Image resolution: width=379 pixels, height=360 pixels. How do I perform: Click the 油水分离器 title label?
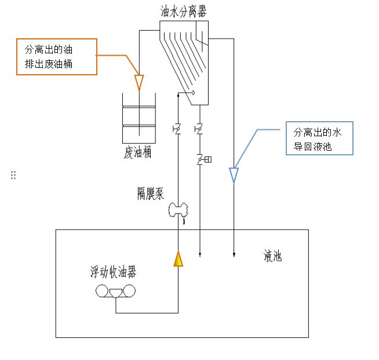point(184,12)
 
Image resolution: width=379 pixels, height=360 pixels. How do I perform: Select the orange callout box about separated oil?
point(57,57)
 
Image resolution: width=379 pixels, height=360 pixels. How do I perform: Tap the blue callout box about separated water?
point(319,138)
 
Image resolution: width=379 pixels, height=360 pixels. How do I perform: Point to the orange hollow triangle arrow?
point(139,82)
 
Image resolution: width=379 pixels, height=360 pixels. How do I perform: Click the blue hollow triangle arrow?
point(234,175)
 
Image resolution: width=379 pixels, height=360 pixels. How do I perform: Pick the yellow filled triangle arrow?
point(178,259)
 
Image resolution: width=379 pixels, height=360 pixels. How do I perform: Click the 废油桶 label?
point(137,152)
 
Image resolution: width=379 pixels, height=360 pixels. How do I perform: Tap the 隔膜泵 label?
point(151,194)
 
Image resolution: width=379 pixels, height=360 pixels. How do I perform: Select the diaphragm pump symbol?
point(178,210)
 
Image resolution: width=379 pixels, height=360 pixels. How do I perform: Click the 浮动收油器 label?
point(113,272)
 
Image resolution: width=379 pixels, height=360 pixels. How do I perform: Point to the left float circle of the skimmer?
point(102,290)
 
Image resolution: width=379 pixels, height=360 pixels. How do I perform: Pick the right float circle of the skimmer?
point(129,290)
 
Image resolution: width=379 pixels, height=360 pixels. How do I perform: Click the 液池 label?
point(272,256)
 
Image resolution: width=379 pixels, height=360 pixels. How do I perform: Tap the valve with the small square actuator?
point(204,159)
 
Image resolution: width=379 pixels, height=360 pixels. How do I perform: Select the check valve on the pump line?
point(177,129)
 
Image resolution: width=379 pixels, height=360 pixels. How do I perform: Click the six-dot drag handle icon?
point(13,175)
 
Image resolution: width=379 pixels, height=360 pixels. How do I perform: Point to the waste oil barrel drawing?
point(139,118)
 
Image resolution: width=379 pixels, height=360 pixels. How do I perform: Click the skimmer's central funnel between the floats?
point(115,293)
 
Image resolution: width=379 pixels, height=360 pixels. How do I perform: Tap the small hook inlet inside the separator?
point(192,92)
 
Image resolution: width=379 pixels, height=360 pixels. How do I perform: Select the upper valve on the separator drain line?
point(199,129)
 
